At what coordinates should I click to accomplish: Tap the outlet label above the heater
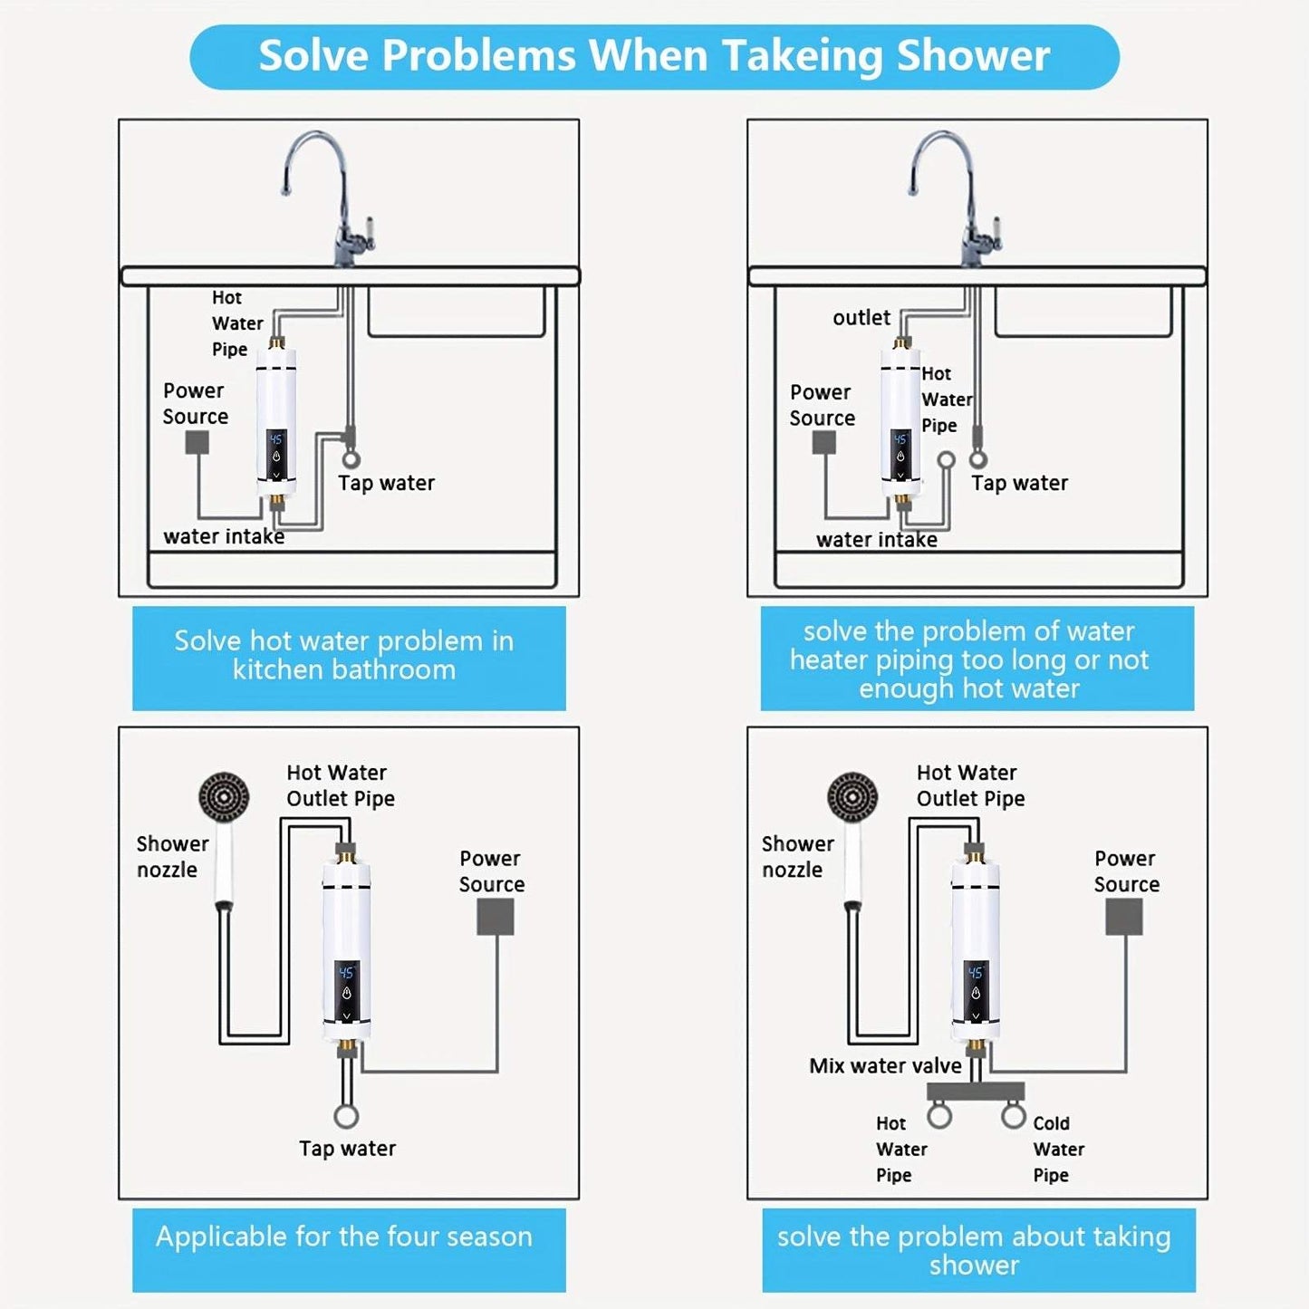tap(861, 318)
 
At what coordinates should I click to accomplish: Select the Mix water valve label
tap(885, 1065)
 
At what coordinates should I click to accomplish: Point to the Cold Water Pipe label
tap(1058, 1149)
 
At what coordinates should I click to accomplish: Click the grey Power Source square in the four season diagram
tap(496, 917)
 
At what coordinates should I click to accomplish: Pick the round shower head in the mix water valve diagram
tap(852, 796)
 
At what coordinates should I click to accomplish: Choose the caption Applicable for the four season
tap(344, 1237)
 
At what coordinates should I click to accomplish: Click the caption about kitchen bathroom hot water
tap(344, 655)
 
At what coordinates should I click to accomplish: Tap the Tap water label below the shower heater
tap(347, 1149)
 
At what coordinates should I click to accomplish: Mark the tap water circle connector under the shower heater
tap(346, 1116)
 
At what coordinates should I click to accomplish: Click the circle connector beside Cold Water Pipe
tap(1014, 1115)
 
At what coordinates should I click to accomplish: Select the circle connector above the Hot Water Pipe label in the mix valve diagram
tap(939, 1115)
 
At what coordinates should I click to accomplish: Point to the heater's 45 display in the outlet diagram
tap(900, 439)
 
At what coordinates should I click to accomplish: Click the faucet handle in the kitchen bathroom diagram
tap(366, 232)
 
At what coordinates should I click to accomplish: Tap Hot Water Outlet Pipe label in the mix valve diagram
tap(970, 785)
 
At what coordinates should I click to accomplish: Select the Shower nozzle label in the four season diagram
tap(171, 856)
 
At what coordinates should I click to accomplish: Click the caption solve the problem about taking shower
tap(974, 1250)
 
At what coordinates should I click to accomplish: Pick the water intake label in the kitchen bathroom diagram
tap(224, 536)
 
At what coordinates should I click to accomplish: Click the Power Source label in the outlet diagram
tap(822, 405)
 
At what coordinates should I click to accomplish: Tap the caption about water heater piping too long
tap(969, 659)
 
